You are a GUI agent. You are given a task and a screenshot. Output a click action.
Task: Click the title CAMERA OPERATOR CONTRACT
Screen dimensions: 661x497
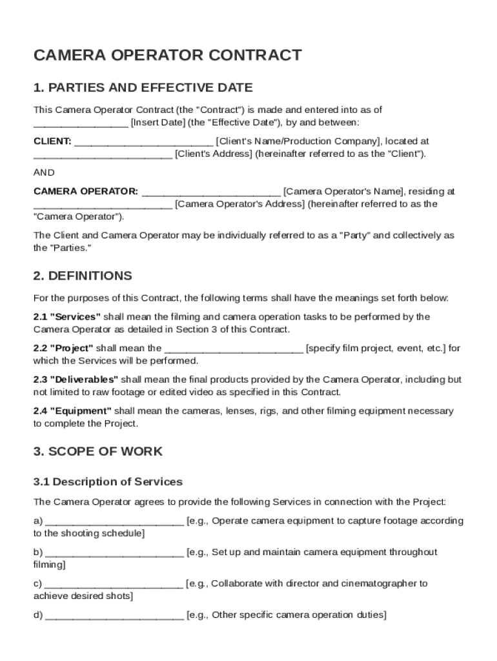click(x=167, y=55)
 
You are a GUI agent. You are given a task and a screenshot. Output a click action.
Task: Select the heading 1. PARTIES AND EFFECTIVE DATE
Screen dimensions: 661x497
click(x=143, y=87)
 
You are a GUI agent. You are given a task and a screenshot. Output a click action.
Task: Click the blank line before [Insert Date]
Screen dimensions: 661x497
click(x=81, y=123)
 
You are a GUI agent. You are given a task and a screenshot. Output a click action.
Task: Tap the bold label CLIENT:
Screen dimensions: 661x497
click(x=52, y=141)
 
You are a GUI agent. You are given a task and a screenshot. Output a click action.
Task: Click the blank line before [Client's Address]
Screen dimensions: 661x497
click(x=103, y=155)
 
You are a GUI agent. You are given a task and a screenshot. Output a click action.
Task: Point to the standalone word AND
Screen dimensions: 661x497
click(x=44, y=172)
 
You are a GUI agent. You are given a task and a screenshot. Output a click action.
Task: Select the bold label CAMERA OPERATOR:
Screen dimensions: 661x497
click(x=85, y=191)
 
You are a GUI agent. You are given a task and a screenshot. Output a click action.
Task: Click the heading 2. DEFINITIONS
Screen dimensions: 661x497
click(x=83, y=276)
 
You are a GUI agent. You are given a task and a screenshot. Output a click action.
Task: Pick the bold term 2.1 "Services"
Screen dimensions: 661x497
click(x=67, y=317)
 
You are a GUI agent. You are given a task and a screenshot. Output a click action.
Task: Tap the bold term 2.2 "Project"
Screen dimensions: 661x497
click(x=63, y=348)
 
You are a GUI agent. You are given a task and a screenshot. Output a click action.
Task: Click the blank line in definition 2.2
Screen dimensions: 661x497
click(x=234, y=349)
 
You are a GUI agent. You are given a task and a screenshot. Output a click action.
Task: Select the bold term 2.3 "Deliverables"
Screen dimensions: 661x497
click(x=76, y=380)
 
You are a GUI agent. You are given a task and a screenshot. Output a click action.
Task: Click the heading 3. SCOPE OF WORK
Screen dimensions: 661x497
click(x=98, y=451)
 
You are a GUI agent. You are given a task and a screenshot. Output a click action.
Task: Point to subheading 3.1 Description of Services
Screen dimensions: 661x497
click(x=108, y=482)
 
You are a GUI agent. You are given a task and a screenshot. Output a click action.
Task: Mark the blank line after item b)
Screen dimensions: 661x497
click(x=114, y=553)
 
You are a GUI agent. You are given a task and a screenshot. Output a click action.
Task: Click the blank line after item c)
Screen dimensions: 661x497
click(x=114, y=585)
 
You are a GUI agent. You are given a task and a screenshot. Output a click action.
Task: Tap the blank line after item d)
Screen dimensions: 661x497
click(x=114, y=616)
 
